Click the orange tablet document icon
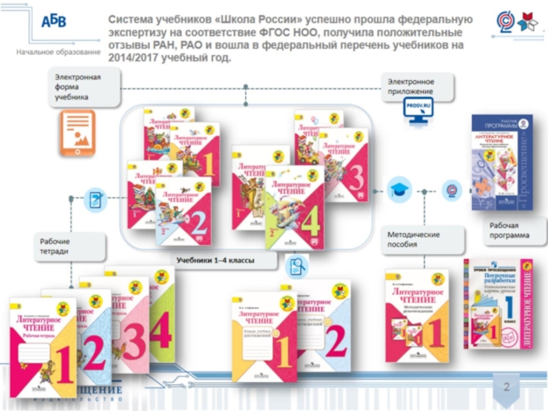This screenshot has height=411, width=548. (77, 133)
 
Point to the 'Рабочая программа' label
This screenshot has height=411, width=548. (508, 230)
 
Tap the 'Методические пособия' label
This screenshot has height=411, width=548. (414, 239)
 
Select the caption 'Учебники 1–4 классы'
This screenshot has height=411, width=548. (215, 261)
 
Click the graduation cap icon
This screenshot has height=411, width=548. (400, 191)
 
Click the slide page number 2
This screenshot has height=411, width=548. (507, 388)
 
